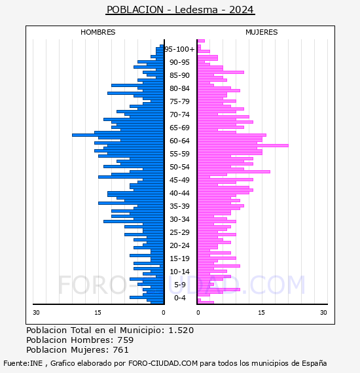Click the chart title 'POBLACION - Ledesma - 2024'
tap(181, 10)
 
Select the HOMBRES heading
tap(98, 32)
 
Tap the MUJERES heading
tap(262, 32)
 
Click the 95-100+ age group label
tap(179, 49)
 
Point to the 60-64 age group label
tap(179, 141)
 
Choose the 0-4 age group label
tap(179, 298)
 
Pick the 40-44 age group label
tap(179, 193)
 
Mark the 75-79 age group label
tap(179, 101)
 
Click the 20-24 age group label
tap(179, 245)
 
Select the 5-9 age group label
tap(179, 285)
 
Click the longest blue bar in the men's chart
tap(118, 135)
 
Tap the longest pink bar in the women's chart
tap(243, 145)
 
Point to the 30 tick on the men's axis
tap(36, 313)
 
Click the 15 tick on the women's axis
tap(261, 313)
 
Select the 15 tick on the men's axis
tap(98, 313)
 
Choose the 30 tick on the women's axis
tap(323, 313)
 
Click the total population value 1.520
tap(181, 330)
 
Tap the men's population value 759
tap(126, 340)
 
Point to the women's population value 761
tap(120, 349)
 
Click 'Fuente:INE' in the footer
tap(23, 363)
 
